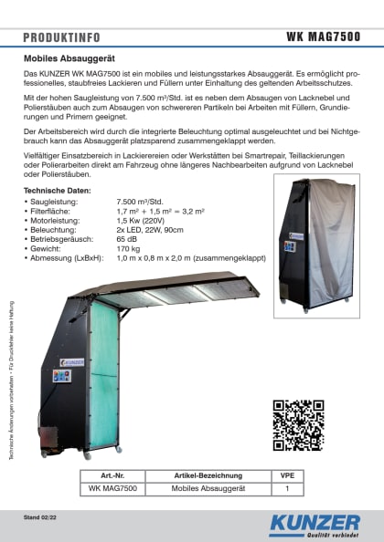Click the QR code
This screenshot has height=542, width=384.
298,425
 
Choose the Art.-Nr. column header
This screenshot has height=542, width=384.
108,476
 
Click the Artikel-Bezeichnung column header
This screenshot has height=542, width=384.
208,476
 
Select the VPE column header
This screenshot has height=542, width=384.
287,476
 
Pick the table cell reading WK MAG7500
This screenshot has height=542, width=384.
108,489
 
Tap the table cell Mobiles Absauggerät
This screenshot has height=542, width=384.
208,489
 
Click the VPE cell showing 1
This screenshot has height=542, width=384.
287,489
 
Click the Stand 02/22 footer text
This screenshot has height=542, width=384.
41,517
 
